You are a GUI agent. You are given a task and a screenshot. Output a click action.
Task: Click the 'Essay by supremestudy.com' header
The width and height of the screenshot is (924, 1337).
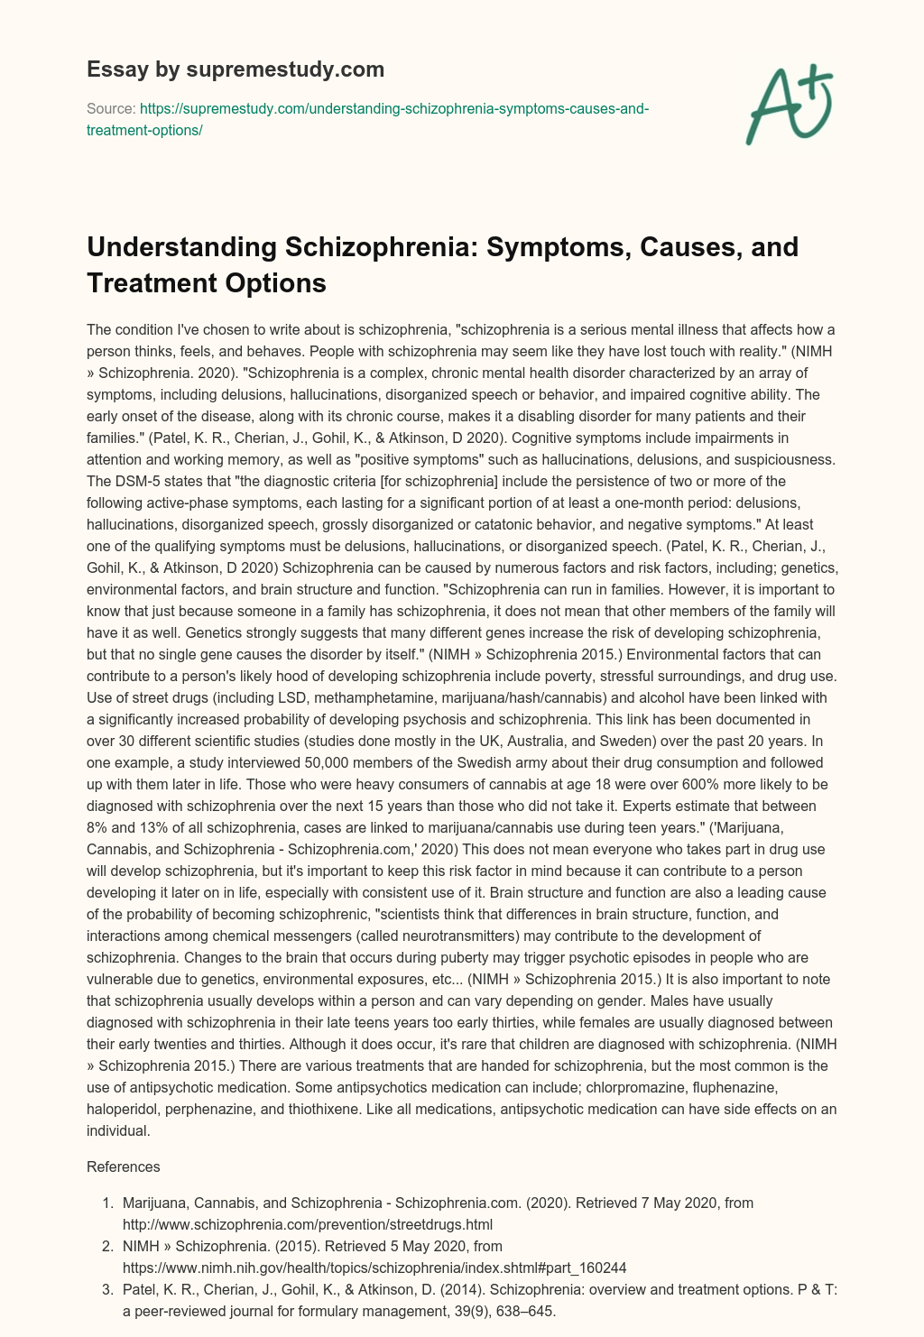[236, 69]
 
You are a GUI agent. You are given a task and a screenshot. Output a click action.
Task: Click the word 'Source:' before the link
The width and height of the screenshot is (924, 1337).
[110, 108]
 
